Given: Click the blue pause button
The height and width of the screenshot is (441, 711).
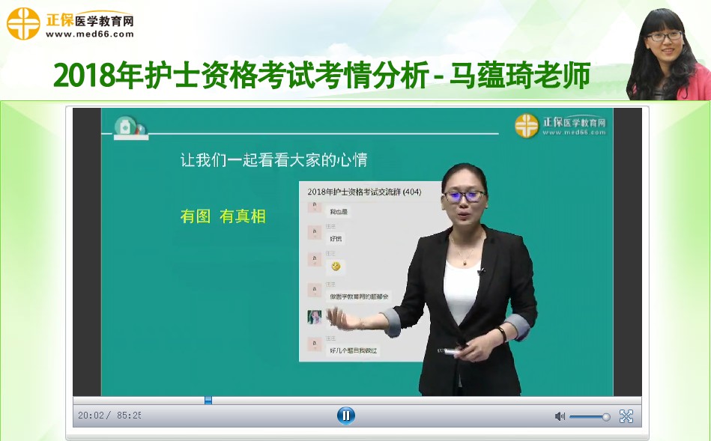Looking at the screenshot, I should [345, 416].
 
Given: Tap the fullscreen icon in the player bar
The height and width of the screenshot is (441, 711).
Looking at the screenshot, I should [626, 416].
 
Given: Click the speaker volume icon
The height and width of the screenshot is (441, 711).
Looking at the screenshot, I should [560, 416].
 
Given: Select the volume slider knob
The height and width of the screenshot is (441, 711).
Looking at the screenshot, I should [606, 417].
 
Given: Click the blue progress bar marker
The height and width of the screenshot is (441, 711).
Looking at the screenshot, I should [208, 401].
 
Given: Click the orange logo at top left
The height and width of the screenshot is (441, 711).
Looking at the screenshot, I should [23, 22].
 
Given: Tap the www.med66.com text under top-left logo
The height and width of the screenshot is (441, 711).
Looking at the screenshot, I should [90, 34].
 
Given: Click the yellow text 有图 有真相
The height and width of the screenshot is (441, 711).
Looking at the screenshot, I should [223, 216].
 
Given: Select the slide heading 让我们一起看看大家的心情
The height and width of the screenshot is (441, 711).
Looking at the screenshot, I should [274, 159].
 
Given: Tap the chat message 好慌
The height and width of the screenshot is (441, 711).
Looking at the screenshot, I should [336, 238].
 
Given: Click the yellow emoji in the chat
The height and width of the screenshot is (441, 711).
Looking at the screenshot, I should [336, 266].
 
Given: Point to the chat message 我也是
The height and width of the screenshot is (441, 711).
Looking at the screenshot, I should [339, 212].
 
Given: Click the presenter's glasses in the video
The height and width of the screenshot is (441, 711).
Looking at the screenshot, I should [465, 196].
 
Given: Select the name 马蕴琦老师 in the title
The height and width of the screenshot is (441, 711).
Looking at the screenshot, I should [519, 76].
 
